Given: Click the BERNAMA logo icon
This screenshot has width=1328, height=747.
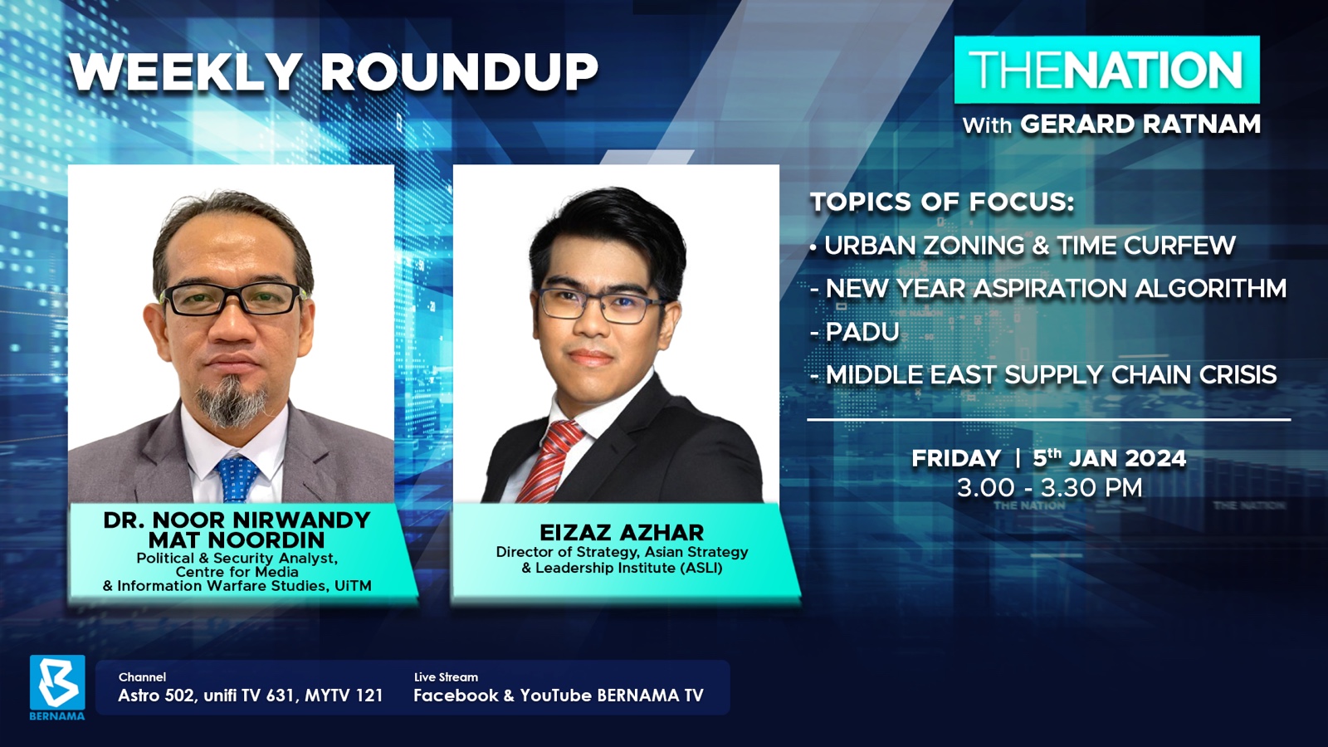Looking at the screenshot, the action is [x=57, y=683].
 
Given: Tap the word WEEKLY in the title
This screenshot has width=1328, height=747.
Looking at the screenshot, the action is [x=183, y=72].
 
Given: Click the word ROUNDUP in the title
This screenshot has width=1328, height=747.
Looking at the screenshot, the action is [x=459, y=72].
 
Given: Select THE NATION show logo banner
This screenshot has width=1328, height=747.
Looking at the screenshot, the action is [x=1106, y=70].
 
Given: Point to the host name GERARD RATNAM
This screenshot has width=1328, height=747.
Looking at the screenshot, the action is [x=1140, y=124].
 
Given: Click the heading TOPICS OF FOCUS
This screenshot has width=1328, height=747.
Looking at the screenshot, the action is [x=942, y=202].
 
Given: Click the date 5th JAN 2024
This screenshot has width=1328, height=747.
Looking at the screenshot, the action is [x=1109, y=457].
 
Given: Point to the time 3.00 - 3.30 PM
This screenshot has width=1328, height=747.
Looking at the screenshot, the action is [x=1049, y=488].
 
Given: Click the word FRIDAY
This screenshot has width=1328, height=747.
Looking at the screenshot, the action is [x=956, y=458].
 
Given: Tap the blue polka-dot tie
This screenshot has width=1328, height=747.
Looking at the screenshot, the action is [x=237, y=478].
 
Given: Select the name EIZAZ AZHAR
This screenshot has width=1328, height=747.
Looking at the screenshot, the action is [x=622, y=532].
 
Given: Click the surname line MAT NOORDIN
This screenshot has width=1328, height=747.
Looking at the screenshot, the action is [x=237, y=540].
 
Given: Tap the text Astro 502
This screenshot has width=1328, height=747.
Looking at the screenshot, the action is [x=157, y=696].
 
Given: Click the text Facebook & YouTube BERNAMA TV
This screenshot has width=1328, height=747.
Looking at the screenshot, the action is [x=559, y=696].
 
